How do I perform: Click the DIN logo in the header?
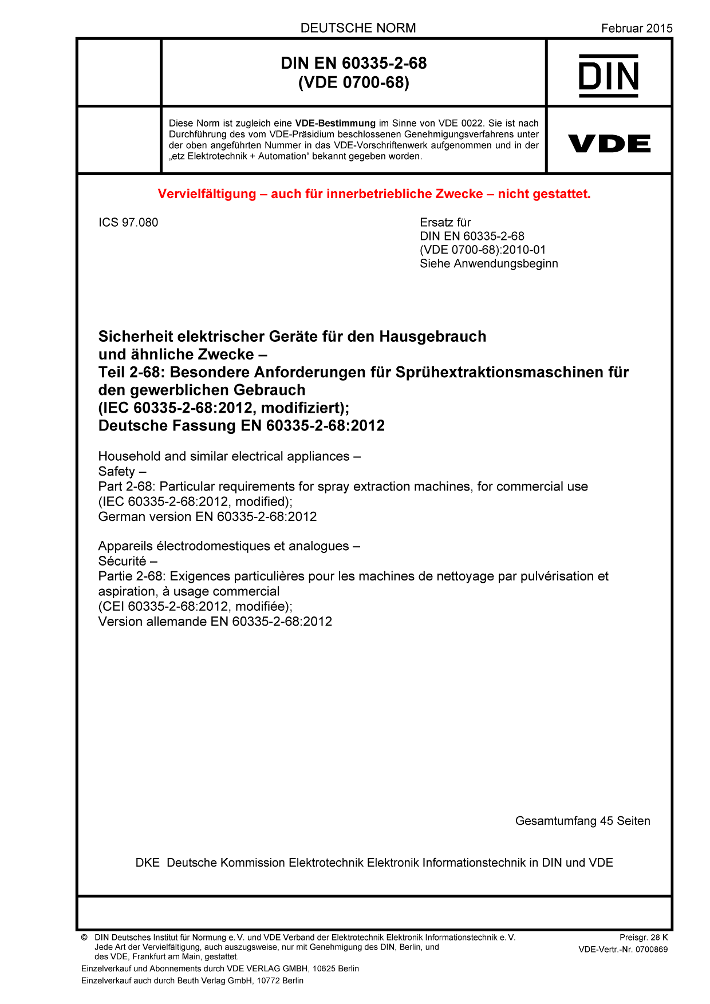coord(609,76)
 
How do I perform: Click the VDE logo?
coord(609,144)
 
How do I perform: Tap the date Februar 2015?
coord(637,28)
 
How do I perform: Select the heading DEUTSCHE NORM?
coord(358,28)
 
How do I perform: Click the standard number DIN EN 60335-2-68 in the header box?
coord(354,63)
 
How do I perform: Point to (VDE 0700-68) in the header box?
coord(354,82)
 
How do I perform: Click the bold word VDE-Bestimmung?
coord(335,123)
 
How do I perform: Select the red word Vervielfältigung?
coord(207,194)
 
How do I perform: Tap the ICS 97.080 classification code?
coord(128,223)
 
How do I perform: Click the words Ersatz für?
coord(445,223)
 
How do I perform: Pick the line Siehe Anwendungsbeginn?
coord(488,264)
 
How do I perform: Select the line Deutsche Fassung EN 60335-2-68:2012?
coord(241,426)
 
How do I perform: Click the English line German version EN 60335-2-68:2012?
coord(207,516)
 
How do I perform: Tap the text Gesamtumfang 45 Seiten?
coord(582,821)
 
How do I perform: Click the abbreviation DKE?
coord(148,863)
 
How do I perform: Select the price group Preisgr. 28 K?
coord(643,938)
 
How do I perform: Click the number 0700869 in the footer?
coord(652,950)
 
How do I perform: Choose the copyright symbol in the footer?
coord(84,938)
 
